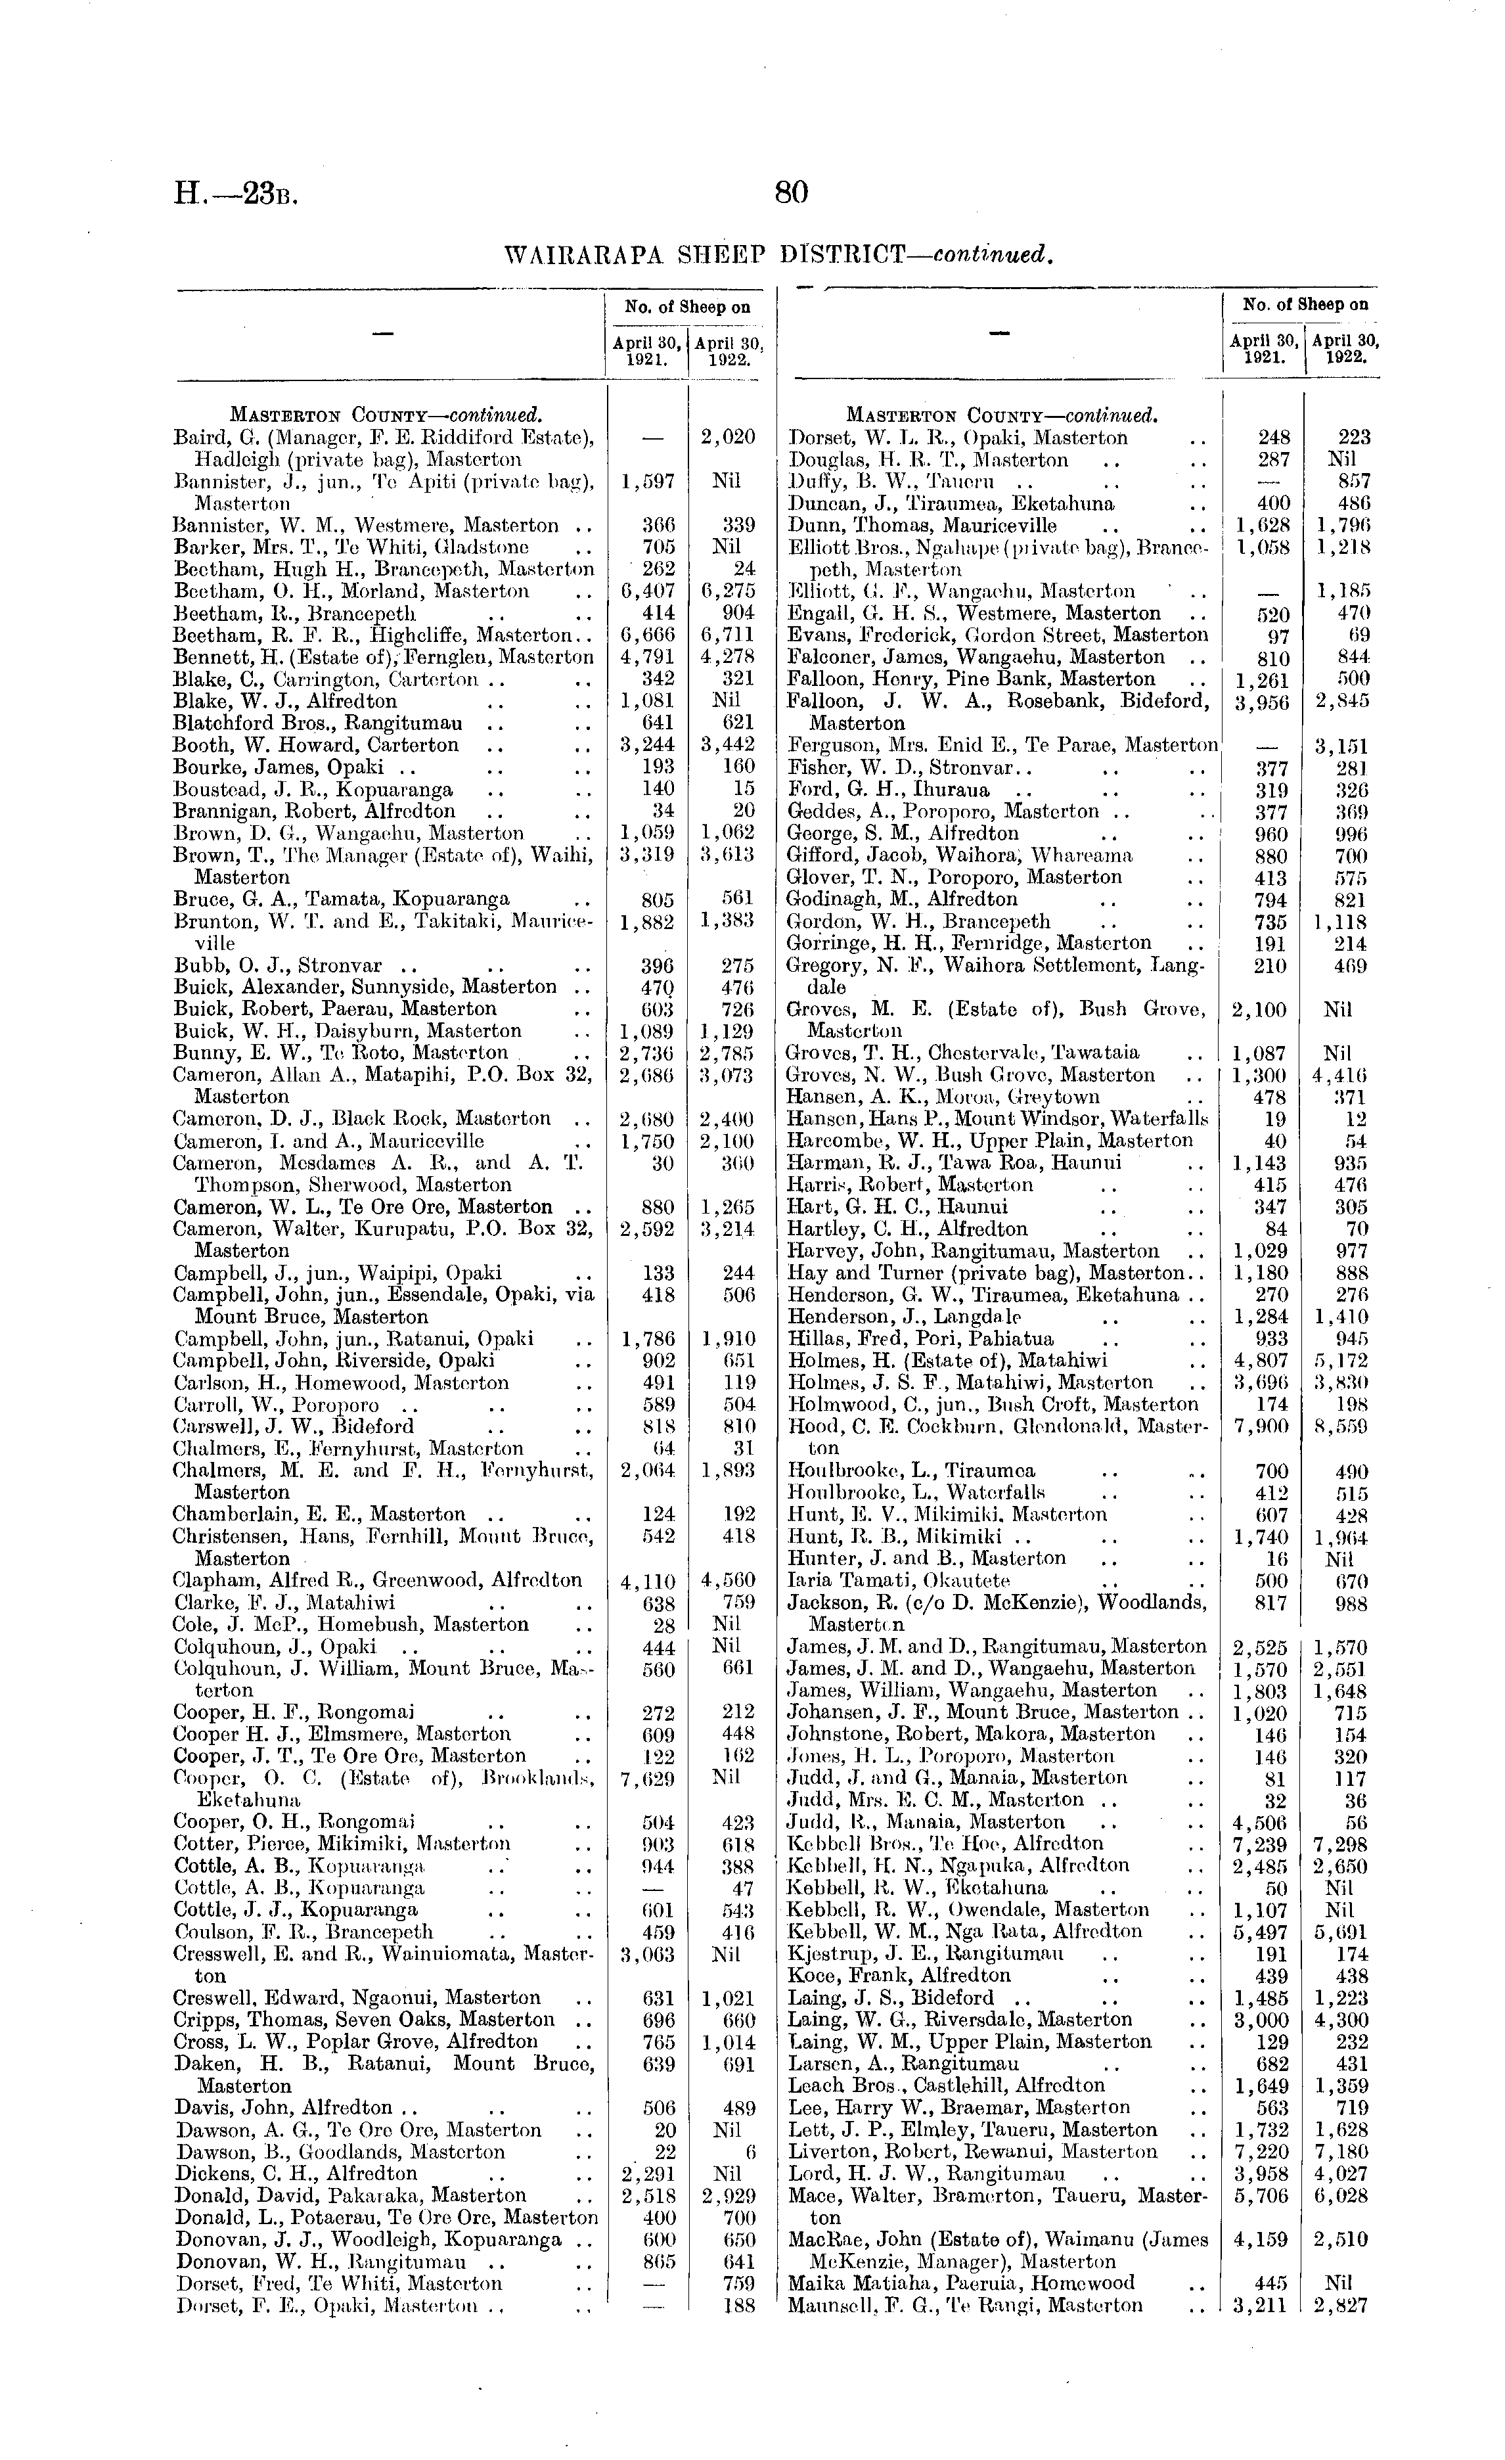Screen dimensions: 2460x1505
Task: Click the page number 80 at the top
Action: (790, 192)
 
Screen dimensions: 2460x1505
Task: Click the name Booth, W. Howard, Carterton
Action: (317, 745)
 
